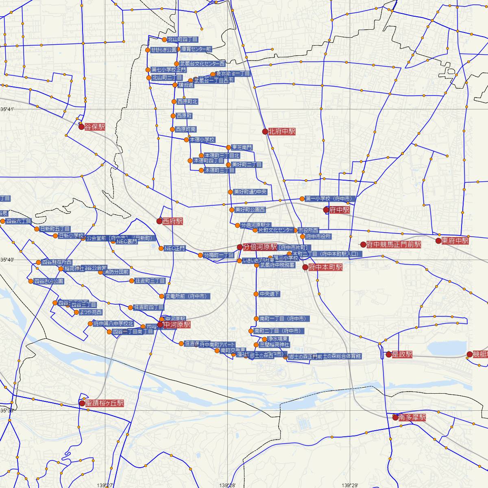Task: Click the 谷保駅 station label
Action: pyautogui.click(x=94, y=127)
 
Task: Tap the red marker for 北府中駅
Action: pyautogui.click(x=265, y=131)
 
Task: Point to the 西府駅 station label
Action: pyautogui.click(x=172, y=221)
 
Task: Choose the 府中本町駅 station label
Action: pyautogui.click(x=325, y=267)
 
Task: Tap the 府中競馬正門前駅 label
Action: pyautogui.click(x=393, y=244)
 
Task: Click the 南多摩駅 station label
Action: pyautogui.click(x=412, y=417)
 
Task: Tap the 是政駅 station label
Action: pyautogui.click(x=402, y=354)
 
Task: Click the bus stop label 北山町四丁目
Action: pyautogui.click(x=183, y=39)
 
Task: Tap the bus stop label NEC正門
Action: pyautogui.click(x=174, y=248)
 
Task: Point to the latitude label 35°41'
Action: pyautogui.click(x=7, y=109)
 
